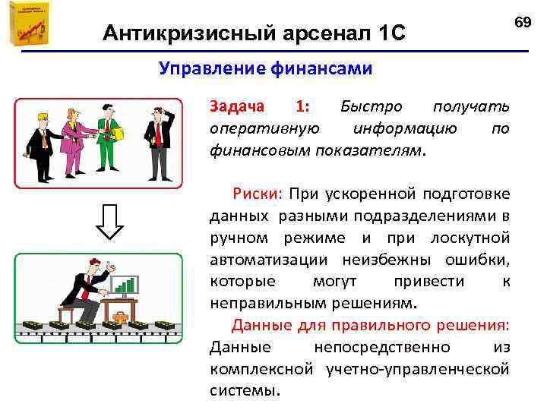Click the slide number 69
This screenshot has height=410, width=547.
pos(522,22)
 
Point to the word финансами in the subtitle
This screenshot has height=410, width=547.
pos(319,69)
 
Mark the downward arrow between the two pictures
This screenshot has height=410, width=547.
pos(111,220)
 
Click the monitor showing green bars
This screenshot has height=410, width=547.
pos(128,285)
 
